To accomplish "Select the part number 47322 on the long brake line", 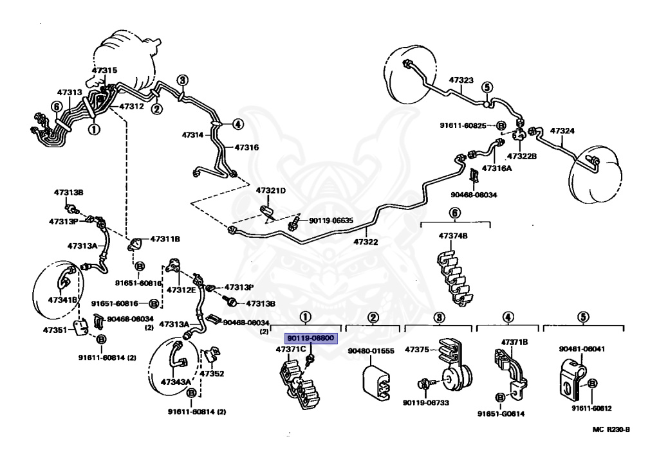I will [x=366, y=242].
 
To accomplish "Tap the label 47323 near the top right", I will [x=461, y=80].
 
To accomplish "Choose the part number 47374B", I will [x=453, y=236].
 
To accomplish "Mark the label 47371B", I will [x=514, y=343].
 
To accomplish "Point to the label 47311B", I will [x=165, y=238].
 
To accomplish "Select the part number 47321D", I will [x=270, y=191].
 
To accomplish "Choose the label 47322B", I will [x=522, y=156].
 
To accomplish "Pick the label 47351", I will [x=55, y=330].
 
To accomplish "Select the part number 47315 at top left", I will [x=104, y=70].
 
